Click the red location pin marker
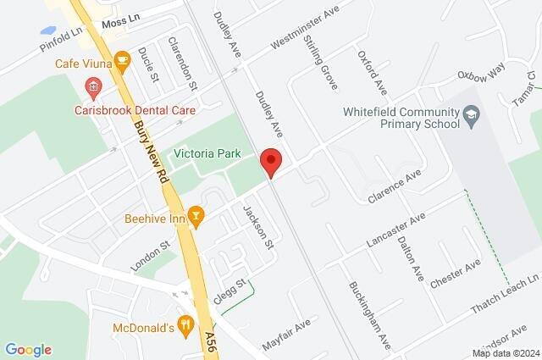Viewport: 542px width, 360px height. click(270, 160)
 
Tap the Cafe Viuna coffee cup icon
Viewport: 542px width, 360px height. click(122, 60)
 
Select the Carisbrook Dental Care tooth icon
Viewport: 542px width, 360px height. click(93, 86)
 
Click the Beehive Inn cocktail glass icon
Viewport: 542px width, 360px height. click(196, 217)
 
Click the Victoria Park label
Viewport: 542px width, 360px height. click(207, 153)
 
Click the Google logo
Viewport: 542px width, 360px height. click(28, 349)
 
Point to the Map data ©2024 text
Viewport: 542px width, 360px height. click(506, 353)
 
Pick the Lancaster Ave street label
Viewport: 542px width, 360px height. click(395, 230)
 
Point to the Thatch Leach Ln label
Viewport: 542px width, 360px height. click(505, 294)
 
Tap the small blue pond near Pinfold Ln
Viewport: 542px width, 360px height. click(48, 30)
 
